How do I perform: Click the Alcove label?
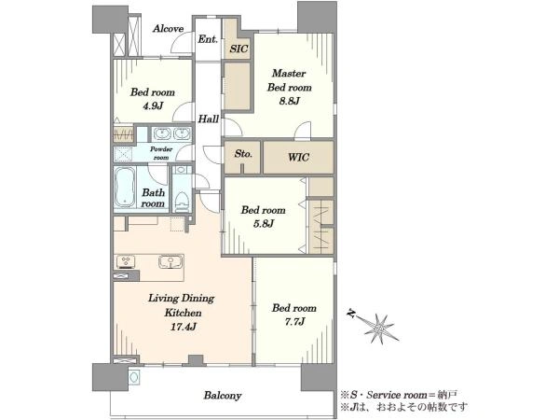point(168,29)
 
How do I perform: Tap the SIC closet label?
point(239,49)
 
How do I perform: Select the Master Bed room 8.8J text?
point(290,87)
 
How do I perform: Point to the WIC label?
point(298,157)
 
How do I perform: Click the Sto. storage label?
point(243,154)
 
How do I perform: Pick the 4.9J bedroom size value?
point(153,106)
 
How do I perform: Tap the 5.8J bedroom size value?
point(264,224)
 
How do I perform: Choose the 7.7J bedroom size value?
point(294,322)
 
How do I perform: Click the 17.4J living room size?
point(183,327)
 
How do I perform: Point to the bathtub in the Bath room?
point(125,188)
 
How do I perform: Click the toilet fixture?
point(183,201)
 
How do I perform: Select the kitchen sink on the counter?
point(170,261)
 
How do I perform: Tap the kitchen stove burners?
point(126,261)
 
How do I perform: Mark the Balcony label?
point(223,396)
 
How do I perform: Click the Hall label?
point(208,119)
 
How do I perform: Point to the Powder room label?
point(161,153)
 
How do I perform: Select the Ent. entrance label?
point(208,39)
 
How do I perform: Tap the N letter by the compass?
point(351,314)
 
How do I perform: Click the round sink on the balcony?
point(134,377)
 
